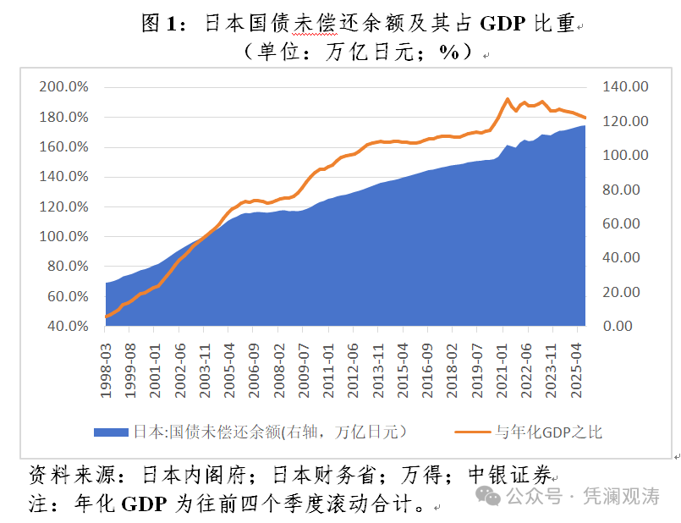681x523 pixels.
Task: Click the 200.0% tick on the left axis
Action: click(x=63, y=87)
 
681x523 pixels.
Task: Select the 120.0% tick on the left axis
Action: click(x=63, y=206)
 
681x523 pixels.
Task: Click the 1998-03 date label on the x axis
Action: click(x=106, y=366)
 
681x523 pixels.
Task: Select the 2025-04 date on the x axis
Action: click(x=579, y=366)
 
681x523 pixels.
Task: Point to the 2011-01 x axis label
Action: click(x=327, y=366)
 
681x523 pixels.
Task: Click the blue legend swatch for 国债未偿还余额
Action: click(x=111, y=432)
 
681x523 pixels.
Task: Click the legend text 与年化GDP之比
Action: click(x=549, y=432)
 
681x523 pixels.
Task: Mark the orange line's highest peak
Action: click(x=508, y=99)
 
